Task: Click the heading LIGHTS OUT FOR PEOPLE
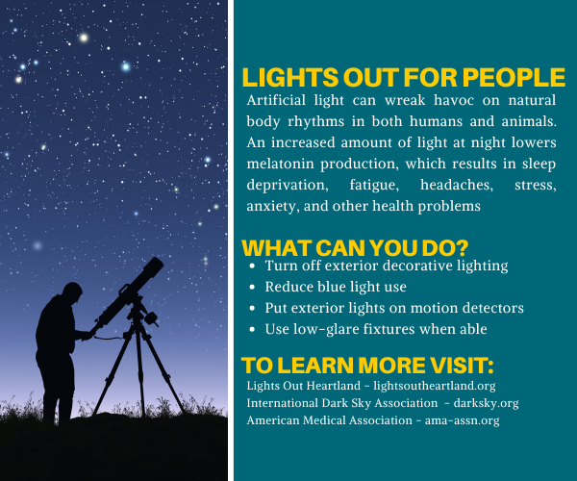tap(403, 78)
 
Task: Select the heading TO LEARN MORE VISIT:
tap(368, 366)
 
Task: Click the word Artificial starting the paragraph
tap(279, 101)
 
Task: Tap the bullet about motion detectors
tap(394, 308)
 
